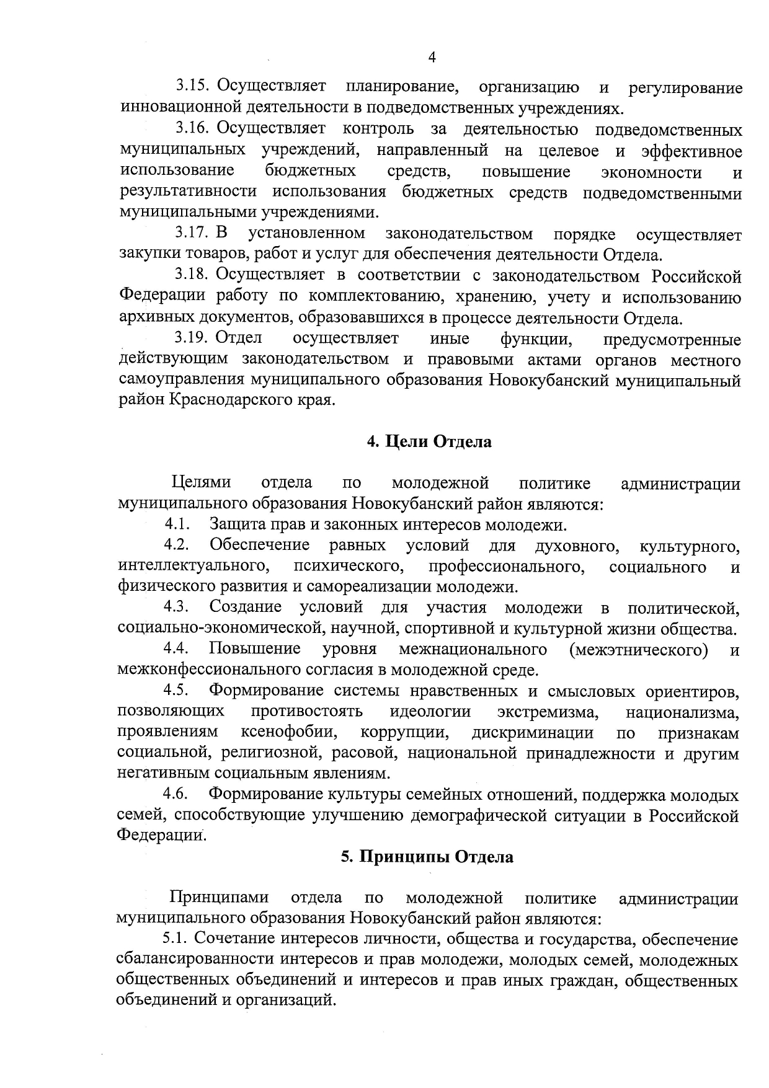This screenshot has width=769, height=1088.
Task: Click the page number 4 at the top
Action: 432,57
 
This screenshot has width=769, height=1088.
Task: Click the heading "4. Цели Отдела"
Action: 429,441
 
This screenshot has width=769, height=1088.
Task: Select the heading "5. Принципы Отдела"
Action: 427,857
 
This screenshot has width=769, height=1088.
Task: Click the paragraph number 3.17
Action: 192,234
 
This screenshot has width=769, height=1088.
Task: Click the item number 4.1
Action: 177,524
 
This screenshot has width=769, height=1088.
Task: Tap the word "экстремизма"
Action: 548,712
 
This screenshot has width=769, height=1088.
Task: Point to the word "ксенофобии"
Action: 290,732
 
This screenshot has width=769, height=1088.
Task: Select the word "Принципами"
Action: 220,898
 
